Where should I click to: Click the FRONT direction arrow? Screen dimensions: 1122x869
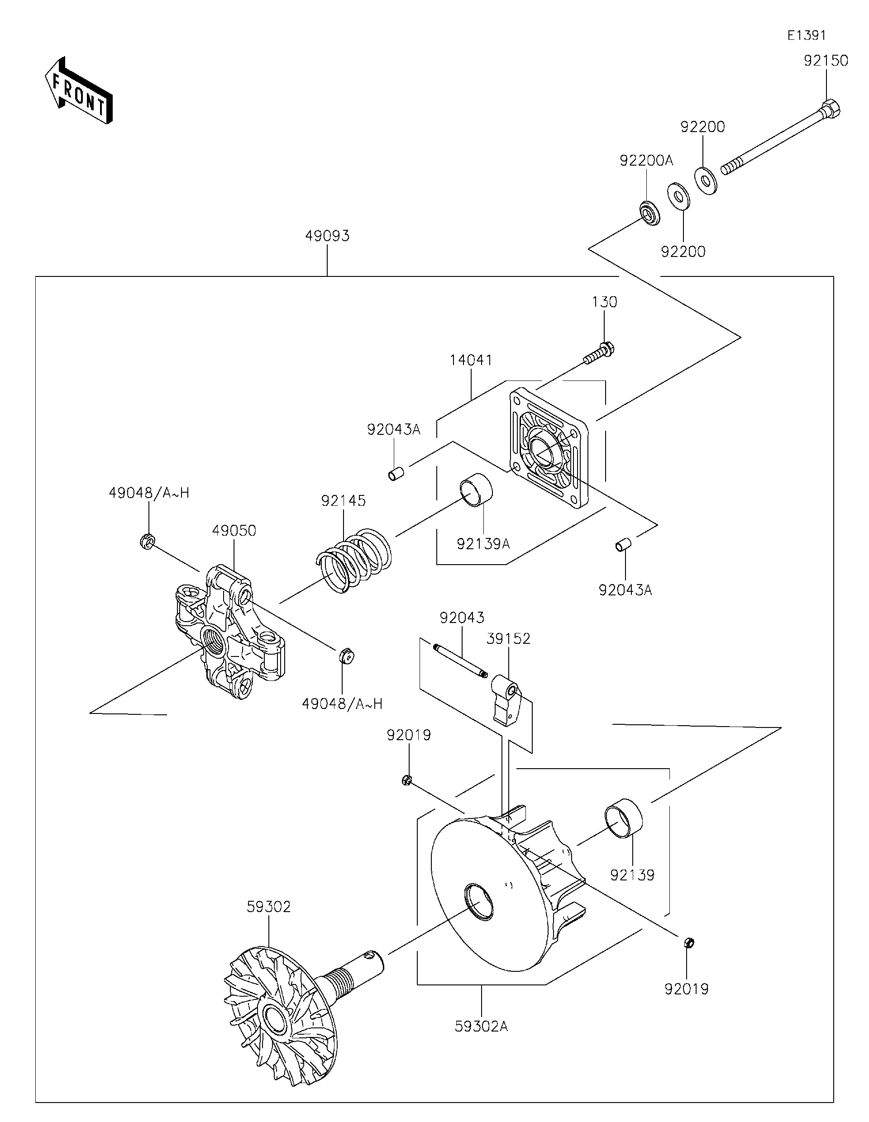click(78, 90)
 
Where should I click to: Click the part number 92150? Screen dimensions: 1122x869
click(826, 61)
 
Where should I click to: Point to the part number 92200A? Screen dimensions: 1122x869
click(646, 161)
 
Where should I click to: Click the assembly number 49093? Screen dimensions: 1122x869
click(327, 236)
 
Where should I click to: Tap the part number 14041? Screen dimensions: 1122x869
click(471, 360)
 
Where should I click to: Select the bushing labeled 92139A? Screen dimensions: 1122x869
click(476, 489)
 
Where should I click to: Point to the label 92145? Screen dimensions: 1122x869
click(343, 500)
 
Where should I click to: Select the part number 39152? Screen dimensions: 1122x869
click(508, 638)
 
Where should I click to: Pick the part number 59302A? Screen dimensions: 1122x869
click(481, 1027)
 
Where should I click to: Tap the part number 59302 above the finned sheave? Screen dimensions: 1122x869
click(268, 907)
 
